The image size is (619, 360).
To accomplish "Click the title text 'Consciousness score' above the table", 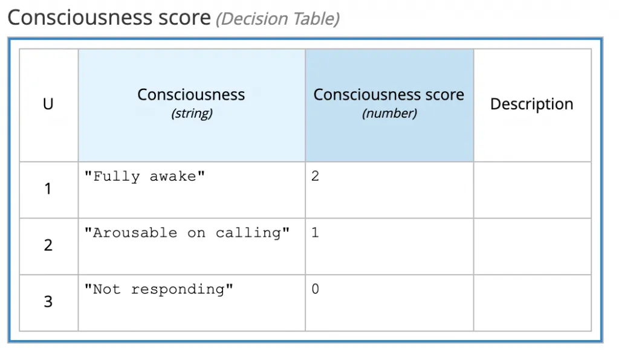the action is pos(109,18).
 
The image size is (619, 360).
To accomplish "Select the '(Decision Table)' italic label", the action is pos(278,19).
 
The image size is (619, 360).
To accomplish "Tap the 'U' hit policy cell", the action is pos(48,104).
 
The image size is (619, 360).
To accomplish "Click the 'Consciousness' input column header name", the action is pos(191,95).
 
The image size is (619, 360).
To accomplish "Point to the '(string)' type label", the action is pos(192,114).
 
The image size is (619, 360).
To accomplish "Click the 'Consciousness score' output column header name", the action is pos(389,95).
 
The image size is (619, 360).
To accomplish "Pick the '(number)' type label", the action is pos(390,114).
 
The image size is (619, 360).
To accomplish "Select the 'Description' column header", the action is pos(532,104).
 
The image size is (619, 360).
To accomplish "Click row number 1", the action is pos(48,189).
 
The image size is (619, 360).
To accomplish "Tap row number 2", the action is pos(48,245).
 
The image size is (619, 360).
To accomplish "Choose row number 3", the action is pos(48,301).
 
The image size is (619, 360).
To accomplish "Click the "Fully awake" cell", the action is pos(145,176).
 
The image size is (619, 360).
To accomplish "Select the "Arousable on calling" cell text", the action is pos(187,233).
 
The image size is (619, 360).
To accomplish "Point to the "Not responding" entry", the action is pos(159,289).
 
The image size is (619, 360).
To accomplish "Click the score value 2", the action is pos(315,176).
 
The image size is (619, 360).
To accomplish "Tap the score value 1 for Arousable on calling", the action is pos(315,233).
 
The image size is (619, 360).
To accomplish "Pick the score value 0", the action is pos(315,289).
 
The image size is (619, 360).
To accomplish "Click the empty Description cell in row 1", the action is pos(533,190).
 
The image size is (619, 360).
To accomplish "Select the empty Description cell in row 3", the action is pos(533,303).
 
